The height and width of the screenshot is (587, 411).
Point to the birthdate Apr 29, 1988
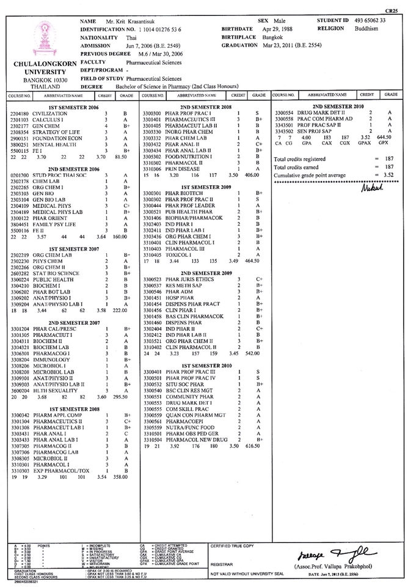(x=277, y=29)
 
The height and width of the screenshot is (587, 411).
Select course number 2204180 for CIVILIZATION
(x=20, y=114)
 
